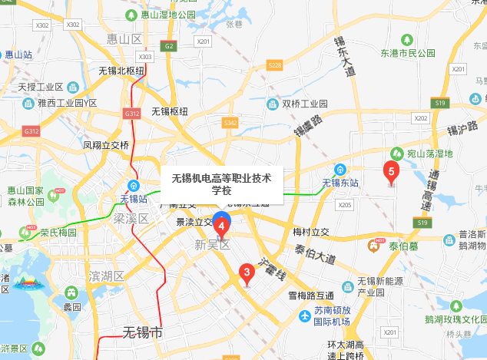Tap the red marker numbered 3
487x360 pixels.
(247, 273)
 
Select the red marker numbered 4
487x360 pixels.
(221, 228)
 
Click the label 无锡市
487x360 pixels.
(143, 332)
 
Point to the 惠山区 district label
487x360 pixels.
(125, 38)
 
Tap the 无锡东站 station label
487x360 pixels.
(340, 182)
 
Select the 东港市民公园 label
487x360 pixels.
(407, 53)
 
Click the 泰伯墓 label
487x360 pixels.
(403, 246)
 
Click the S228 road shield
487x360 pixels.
(275, 66)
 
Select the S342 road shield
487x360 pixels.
(229, 123)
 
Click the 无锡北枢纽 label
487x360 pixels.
(121, 71)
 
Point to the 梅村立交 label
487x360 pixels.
(310, 231)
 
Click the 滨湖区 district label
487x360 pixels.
(106, 276)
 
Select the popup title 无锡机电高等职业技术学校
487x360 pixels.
(221, 184)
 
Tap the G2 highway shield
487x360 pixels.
(168, 46)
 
